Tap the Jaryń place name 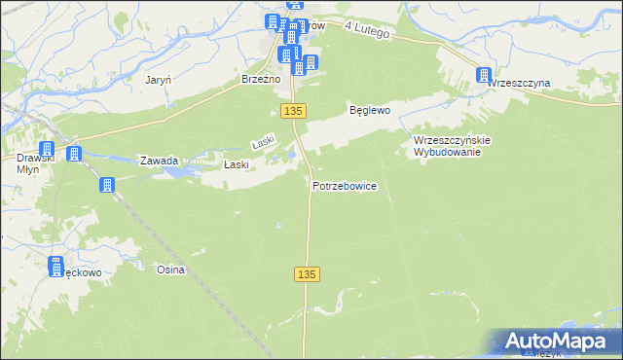click(x=158, y=80)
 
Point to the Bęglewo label click(x=370, y=111)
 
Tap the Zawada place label click(x=159, y=161)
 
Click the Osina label click(x=170, y=270)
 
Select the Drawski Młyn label click(x=26, y=162)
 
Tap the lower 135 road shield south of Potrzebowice click(x=307, y=275)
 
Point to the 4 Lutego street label click(x=367, y=32)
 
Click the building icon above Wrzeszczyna click(x=484, y=75)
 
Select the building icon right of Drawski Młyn click(x=73, y=153)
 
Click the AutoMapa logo click(x=558, y=341)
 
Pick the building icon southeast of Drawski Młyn click(x=107, y=184)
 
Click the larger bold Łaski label click(x=237, y=164)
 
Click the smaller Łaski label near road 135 click(x=264, y=143)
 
